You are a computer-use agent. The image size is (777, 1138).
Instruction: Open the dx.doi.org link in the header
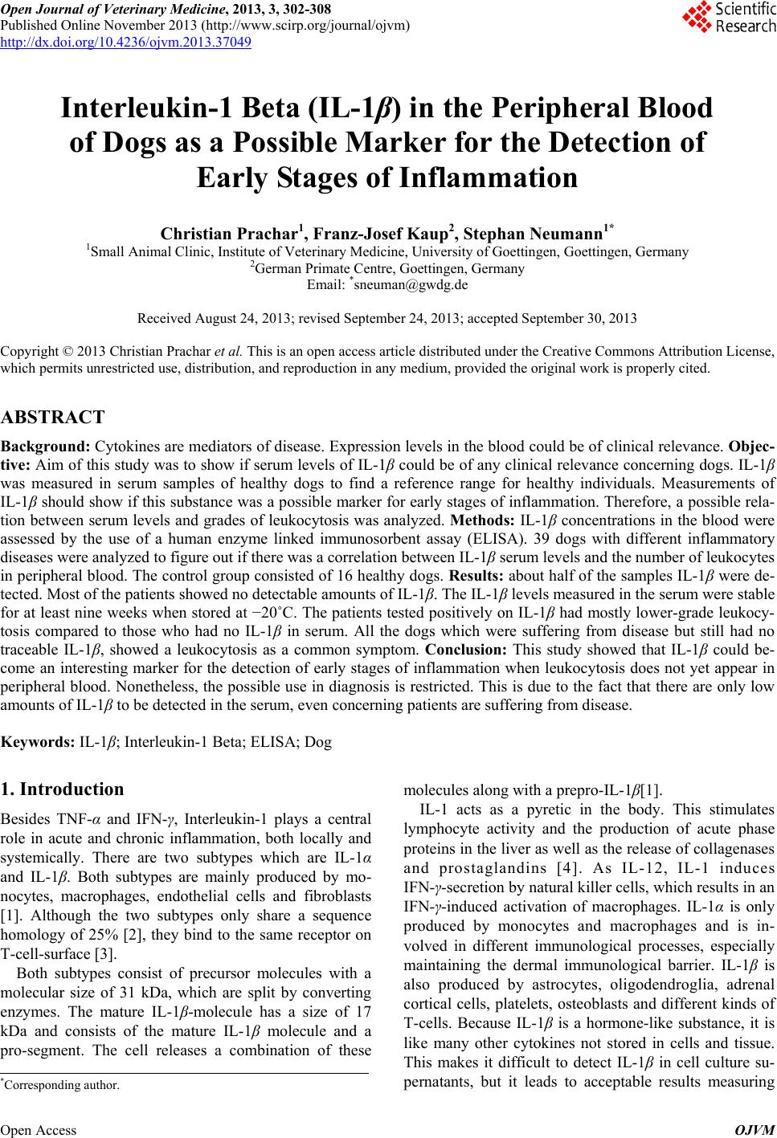(x=125, y=42)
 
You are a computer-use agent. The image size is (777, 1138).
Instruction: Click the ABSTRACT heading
(x=53, y=417)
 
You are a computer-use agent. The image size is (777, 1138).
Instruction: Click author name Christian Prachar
(x=230, y=234)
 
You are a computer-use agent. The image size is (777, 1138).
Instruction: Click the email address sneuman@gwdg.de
(x=409, y=283)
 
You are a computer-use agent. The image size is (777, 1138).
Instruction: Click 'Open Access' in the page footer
(x=39, y=1130)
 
